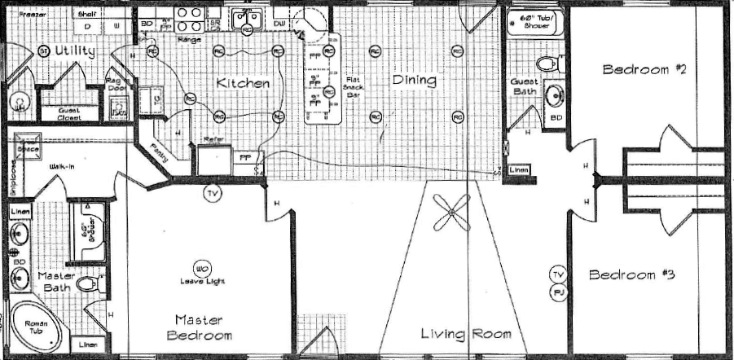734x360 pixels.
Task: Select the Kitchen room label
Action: tap(243, 83)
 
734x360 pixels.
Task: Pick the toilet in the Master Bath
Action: tap(96, 283)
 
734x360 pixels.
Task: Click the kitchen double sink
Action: tap(247, 18)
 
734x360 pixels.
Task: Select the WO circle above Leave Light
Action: tap(200, 268)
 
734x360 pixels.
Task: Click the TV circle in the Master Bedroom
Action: tap(212, 194)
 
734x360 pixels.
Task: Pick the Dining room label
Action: tap(414, 81)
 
